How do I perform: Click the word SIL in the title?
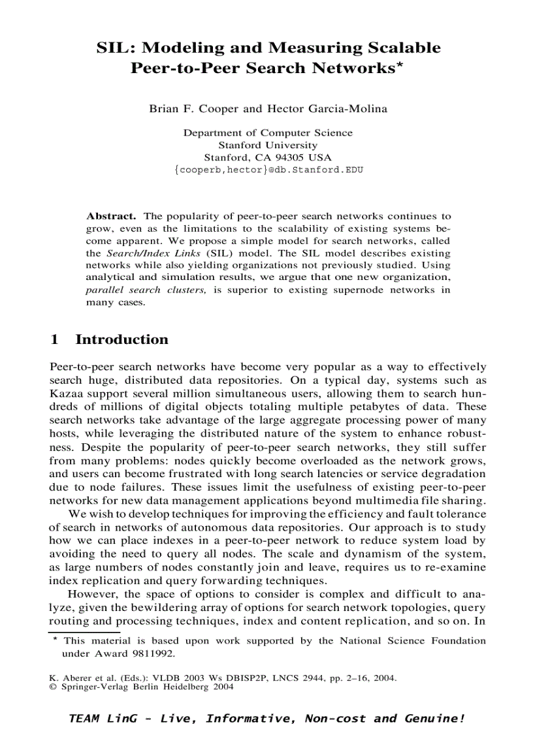(114, 48)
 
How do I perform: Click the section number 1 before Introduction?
(55, 339)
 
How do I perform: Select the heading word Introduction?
(121, 339)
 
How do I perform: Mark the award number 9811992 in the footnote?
(155, 653)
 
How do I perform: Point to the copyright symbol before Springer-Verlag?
(54, 687)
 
